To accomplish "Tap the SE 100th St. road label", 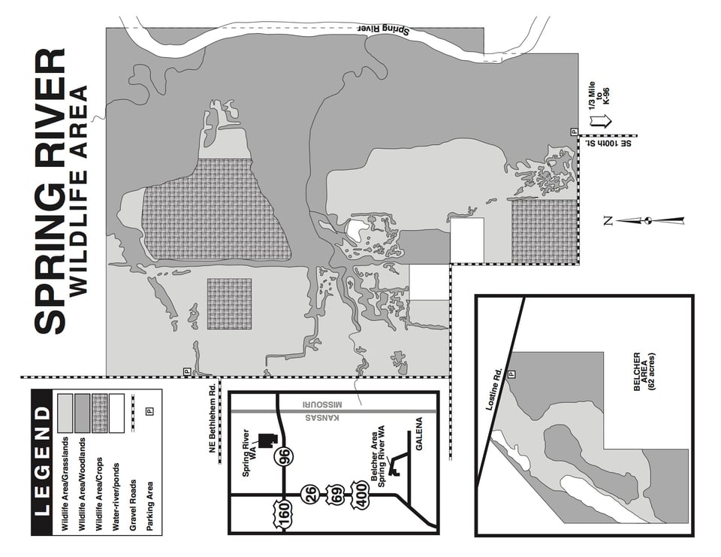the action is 608,144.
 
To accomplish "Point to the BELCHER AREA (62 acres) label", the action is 644,372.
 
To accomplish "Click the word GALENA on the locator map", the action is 419,434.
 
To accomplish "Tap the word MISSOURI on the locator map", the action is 322,404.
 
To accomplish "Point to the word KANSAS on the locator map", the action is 322,418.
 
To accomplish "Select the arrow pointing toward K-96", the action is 601,121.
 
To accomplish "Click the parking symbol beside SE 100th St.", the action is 574,132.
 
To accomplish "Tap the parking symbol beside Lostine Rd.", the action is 511,374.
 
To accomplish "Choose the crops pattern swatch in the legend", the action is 100,413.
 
